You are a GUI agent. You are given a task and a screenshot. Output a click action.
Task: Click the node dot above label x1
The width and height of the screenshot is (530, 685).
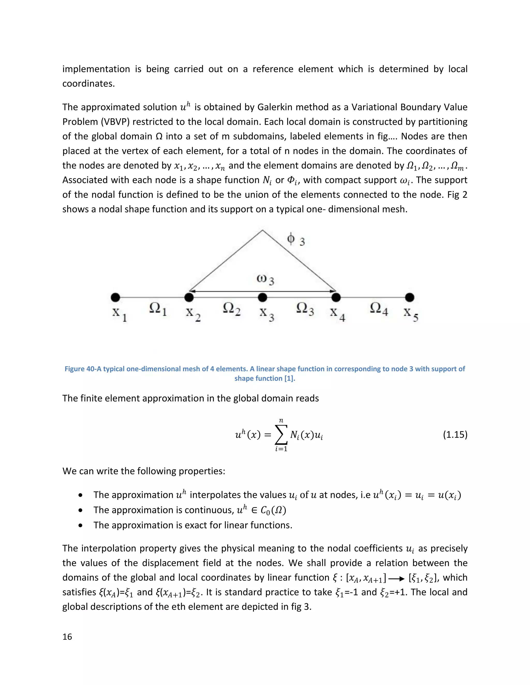click(115, 297)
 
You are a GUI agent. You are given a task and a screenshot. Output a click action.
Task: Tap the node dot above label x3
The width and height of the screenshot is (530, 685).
click(262, 297)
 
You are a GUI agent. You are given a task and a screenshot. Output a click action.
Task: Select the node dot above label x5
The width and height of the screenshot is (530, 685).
click(409, 297)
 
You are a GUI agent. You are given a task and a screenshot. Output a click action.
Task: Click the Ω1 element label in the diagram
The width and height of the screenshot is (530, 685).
click(158, 309)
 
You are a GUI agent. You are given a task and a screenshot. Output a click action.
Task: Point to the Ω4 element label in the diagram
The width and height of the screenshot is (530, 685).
click(379, 309)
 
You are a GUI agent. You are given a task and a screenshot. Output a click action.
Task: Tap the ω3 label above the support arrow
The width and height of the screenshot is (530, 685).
click(265, 279)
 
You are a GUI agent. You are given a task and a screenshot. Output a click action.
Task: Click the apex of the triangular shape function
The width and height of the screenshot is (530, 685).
click(262, 231)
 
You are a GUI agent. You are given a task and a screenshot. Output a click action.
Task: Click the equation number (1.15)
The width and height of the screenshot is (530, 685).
click(455, 435)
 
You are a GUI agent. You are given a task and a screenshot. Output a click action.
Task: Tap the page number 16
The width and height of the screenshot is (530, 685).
click(67, 636)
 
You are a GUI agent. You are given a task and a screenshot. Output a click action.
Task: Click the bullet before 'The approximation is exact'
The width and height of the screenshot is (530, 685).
click(81, 525)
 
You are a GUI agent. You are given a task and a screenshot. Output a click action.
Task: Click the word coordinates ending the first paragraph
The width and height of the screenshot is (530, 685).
click(88, 84)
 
